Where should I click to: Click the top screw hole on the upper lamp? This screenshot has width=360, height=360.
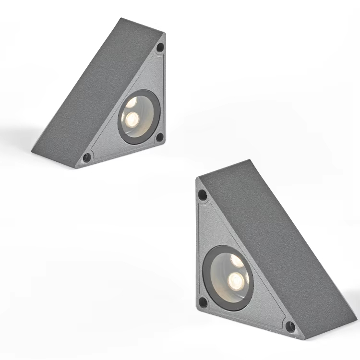pos(160,47)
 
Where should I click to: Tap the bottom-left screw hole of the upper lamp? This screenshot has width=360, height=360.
pos(87,157)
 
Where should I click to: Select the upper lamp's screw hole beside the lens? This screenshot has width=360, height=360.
pos(159,137)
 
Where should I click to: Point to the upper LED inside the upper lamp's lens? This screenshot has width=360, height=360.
pos(131,102)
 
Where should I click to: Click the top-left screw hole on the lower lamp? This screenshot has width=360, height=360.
pos(203,195)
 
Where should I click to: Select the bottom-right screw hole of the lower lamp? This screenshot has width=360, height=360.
pos(290,327)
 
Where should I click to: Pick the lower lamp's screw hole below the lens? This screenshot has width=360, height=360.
pos(203,302)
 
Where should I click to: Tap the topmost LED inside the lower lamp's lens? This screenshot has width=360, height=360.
pos(237,261)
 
